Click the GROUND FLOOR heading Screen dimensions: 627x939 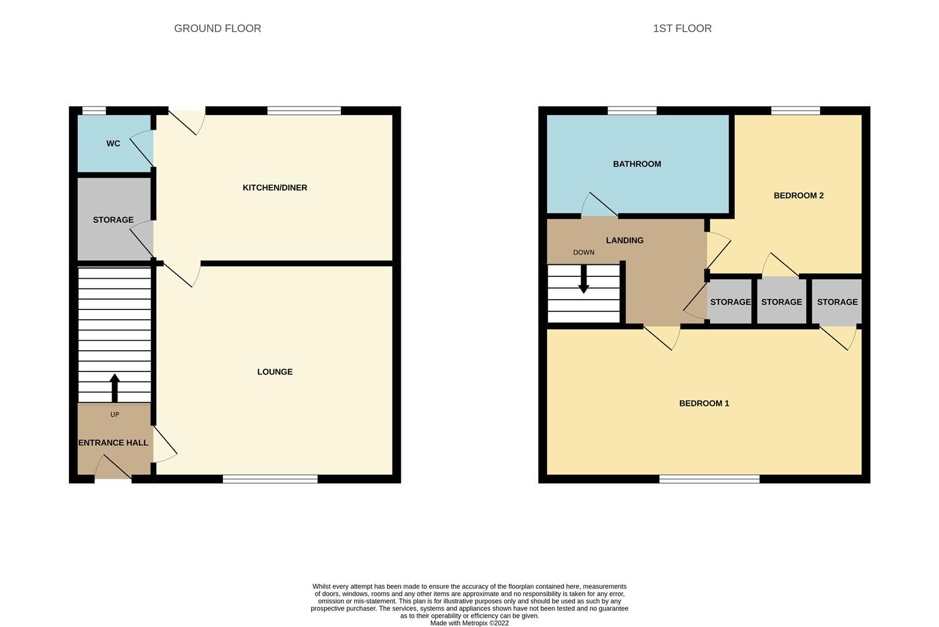tap(217, 28)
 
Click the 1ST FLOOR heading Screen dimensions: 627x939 tap(682, 28)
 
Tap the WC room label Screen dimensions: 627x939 tap(113, 143)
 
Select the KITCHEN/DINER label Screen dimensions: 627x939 tap(275, 188)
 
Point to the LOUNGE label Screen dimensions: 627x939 tap(275, 372)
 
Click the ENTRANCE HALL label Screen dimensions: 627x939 tap(113, 442)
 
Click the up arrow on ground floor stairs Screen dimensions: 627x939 tap(114, 387)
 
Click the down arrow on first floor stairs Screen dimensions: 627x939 tap(584, 279)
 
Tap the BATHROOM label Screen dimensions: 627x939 tap(636, 164)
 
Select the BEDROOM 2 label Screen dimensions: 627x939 tap(798, 196)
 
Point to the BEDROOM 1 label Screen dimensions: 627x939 tap(704, 403)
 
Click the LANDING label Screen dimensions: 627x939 tap(624, 240)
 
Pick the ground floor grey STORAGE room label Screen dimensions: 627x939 tap(113, 219)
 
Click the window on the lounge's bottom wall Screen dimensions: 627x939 tap(270, 479)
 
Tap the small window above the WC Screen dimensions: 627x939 tap(93, 110)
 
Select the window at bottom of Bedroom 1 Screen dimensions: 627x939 tap(708, 479)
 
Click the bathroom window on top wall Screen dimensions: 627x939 tap(632, 110)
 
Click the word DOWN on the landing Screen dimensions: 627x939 tap(584, 253)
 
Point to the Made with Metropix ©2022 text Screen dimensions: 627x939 tap(469, 623)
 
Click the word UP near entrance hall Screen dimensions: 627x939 tap(114, 415)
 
